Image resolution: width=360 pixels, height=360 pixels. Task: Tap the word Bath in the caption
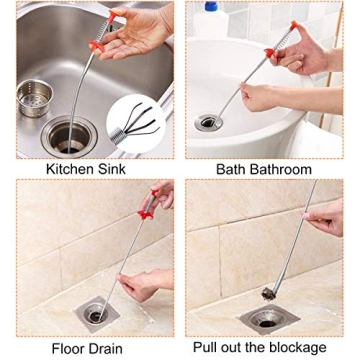point(232,169)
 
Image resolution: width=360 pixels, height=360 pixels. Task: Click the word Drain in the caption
point(108,348)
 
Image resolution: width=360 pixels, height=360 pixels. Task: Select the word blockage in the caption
point(296,348)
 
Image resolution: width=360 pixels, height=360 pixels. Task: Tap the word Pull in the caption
point(208,348)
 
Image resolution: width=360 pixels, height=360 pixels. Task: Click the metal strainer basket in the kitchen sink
point(36,97)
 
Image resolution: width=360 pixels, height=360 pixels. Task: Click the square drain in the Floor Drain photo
point(95,313)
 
